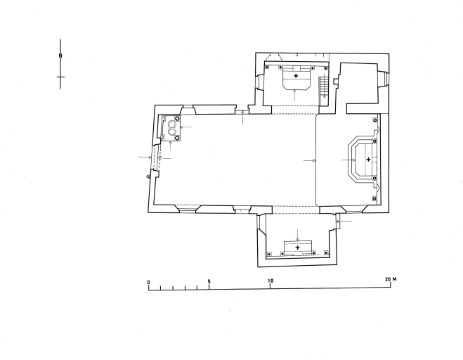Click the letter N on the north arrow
pyautogui.click(x=60, y=56)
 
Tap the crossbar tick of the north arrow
pyautogui.click(x=60, y=77)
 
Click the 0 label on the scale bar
pyautogui.click(x=148, y=282)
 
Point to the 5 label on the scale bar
pyautogui.click(x=209, y=281)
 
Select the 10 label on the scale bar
pyautogui.click(x=270, y=281)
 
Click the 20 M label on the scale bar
pyautogui.click(x=391, y=279)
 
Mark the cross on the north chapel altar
pyautogui.click(x=296, y=76)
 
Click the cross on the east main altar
pyautogui.click(x=368, y=160)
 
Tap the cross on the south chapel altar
pyautogui.click(x=298, y=247)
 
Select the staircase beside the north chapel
pyautogui.click(x=324, y=86)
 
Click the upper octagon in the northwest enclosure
pyautogui.click(x=172, y=124)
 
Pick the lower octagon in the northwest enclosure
pyautogui.click(x=172, y=131)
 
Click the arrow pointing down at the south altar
pyautogui.click(x=297, y=235)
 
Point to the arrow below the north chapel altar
pyautogui.click(x=294, y=95)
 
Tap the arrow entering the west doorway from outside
pyautogui.click(x=145, y=157)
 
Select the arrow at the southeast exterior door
pyautogui.click(x=344, y=221)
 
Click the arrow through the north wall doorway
pyautogui.click(x=242, y=117)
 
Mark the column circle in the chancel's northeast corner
pyautogui.click(x=375, y=120)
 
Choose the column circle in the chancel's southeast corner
pyautogui.click(x=375, y=198)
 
